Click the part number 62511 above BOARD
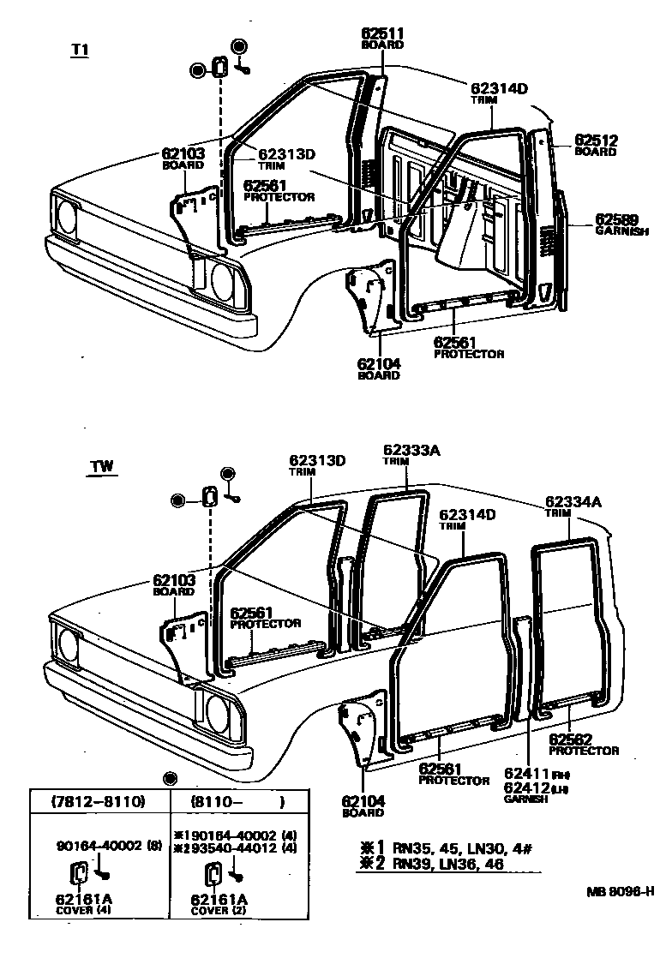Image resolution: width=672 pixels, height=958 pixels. pyautogui.click(x=382, y=33)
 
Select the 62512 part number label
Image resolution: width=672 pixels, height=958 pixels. pyautogui.click(x=596, y=141)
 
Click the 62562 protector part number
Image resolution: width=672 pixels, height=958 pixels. pyautogui.click(x=572, y=739)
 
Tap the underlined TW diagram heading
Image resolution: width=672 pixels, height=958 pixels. pyautogui.click(x=103, y=467)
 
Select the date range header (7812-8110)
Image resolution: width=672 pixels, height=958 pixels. pyautogui.click(x=97, y=804)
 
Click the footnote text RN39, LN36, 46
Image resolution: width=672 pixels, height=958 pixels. pyautogui.click(x=448, y=864)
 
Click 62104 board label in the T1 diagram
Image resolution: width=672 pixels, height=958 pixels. pyautogui.click(x=379, y=363)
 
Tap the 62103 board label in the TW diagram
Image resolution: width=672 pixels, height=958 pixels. pyautogui.click(x=174, y=580)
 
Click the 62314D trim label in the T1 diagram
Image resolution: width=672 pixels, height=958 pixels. pyautogui.click(x=498, y=88)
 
